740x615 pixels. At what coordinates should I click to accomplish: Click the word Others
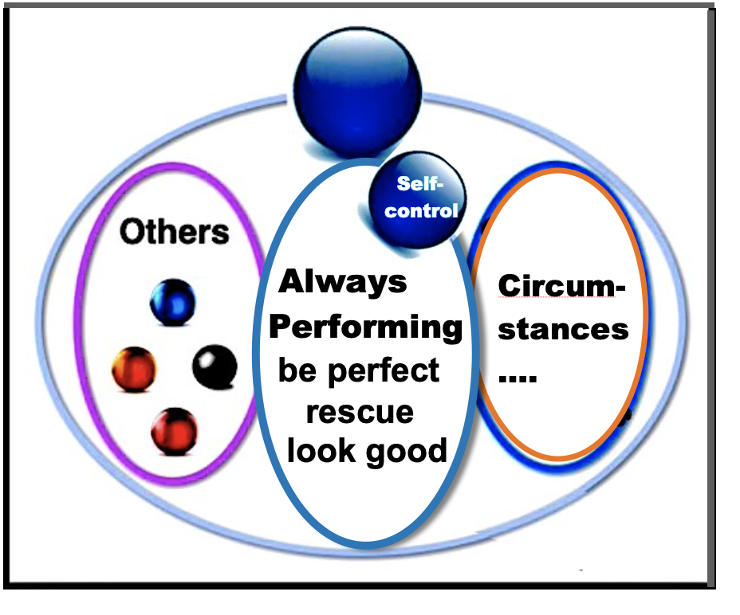(174, 232)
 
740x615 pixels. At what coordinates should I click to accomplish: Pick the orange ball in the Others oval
(133, 370)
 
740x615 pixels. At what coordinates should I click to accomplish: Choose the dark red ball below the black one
(174, 431)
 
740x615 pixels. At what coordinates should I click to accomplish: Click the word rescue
(360, 412)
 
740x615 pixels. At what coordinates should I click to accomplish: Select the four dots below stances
(518, 378)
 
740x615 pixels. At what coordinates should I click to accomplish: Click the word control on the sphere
(421, 212)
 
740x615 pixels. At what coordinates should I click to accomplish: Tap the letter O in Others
(132, 232)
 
